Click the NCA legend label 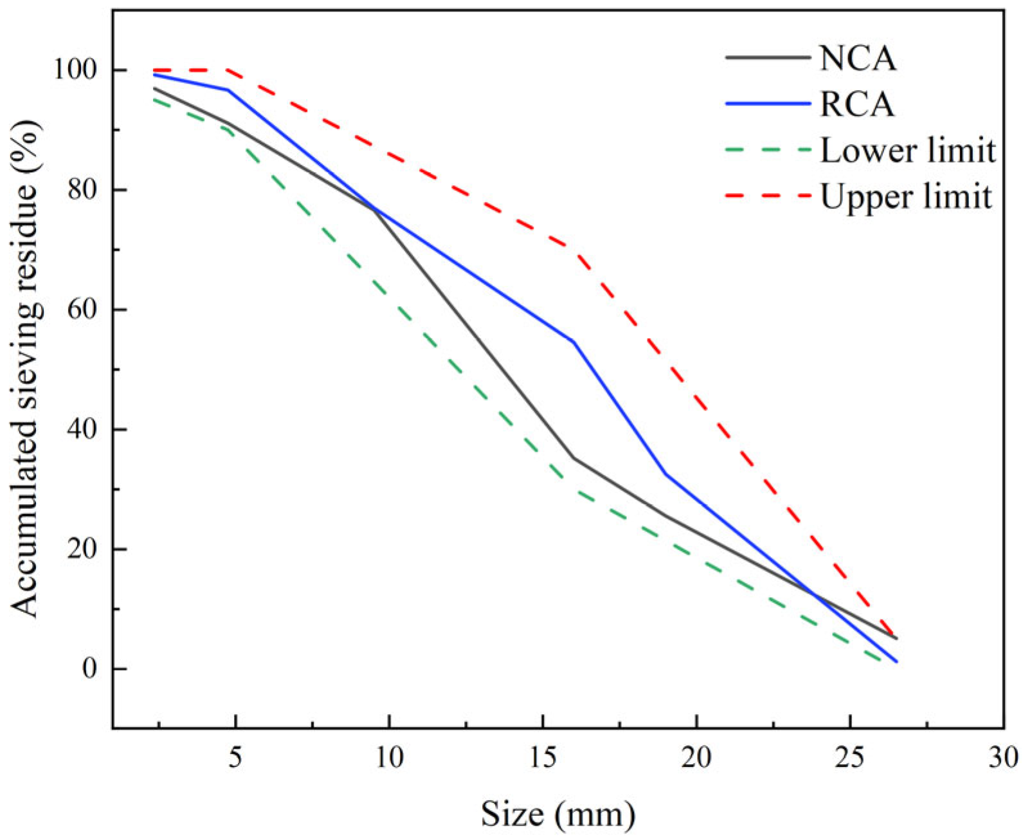[x=857, y=59]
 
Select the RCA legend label [x=857, y=104]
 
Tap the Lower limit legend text [x=907, y=151]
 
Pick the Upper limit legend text [x=906, y=196]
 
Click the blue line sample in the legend [x=768, y=104]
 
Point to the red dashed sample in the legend [x=768, y=195]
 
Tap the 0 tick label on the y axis [x=89, y=669]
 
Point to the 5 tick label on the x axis [x=236, y=757]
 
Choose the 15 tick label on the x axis [x=543, y=757]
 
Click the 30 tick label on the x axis [x=1003, y=757]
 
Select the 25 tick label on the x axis [x=850, y=757]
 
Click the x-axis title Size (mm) [x=557, y=815]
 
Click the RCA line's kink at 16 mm [x=573, y=342]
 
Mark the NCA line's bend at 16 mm [x=573, y=458]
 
